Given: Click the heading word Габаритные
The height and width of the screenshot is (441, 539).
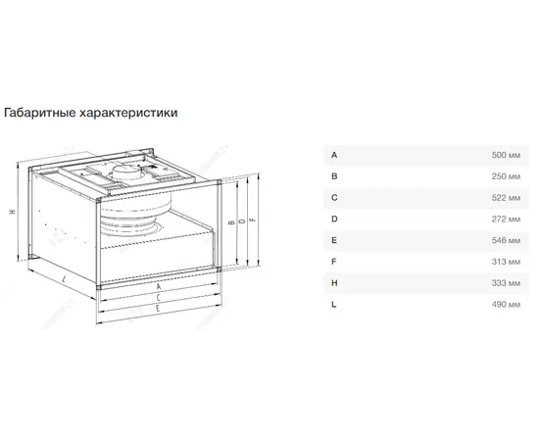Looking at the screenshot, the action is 40,113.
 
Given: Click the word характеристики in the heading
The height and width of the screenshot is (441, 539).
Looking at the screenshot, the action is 128,113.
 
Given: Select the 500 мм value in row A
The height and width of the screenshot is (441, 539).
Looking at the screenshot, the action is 506,155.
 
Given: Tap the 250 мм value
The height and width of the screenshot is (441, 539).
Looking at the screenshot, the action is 506,176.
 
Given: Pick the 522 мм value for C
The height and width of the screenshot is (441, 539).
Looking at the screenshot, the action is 506,198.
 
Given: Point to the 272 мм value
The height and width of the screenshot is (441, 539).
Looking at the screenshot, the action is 506,219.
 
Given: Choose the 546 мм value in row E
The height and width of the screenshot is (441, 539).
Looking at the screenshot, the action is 506,240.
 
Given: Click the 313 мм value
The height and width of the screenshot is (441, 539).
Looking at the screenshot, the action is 506,262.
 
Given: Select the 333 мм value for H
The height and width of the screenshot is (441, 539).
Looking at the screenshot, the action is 506,283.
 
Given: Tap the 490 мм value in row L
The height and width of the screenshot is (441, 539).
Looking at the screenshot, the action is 506,304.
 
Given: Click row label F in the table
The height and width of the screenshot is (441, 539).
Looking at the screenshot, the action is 334,262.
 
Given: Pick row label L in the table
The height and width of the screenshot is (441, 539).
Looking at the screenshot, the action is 334,304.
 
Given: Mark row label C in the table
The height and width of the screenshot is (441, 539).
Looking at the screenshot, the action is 334,198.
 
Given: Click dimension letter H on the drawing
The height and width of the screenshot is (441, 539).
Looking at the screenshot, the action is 13,212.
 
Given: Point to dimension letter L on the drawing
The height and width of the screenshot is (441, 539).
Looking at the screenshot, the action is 65,279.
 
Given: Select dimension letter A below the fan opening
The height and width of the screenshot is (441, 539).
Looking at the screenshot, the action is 159,286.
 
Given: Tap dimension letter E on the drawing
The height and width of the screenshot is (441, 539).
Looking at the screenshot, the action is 158,308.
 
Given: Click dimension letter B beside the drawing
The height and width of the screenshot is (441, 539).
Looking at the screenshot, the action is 231,222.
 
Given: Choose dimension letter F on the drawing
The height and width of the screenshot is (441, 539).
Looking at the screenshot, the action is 254,219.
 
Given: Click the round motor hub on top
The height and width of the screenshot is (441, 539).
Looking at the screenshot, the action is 128,171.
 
